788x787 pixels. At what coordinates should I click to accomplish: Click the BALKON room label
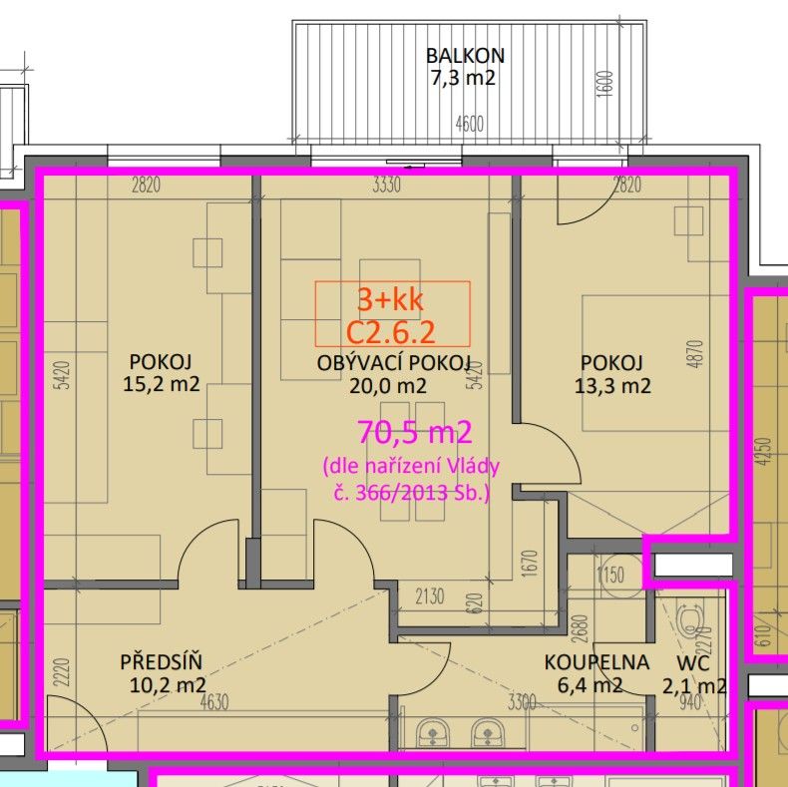(x=465, y=55)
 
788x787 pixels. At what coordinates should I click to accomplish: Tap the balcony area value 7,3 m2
(x=463, y=78)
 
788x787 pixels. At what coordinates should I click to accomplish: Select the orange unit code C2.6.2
(x=391, y=332)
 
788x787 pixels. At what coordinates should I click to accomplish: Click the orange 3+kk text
(x=390, y=300)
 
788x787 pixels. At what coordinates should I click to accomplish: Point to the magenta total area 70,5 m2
(x=415, y=432)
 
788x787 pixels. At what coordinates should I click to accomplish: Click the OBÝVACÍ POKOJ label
(x=393, y=363)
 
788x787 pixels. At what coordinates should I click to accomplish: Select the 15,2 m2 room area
(x=162, y=384)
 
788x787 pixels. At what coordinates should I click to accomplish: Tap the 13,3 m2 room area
(x=612, y=386)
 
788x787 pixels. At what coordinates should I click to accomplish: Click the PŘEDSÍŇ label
(x=161, y=662)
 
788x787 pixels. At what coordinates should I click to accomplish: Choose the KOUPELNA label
(x=597, y=662)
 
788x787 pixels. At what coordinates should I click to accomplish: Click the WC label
(x=693, y=663)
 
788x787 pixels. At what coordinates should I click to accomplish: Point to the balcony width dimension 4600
(x=470, y=124)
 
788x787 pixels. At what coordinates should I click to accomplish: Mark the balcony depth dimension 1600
(x=606, y=85)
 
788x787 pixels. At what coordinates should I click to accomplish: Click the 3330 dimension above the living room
(x=386, y=185)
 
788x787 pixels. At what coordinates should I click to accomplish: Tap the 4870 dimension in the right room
(x=697, y=354)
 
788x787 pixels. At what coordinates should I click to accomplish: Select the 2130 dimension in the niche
(x=430, y=596)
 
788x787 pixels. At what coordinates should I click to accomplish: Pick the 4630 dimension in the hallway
(x=214, y=702)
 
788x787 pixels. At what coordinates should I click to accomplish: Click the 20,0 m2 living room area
(x=388, y=386)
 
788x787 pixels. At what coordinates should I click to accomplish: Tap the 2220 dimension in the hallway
(x=61, y=673)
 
